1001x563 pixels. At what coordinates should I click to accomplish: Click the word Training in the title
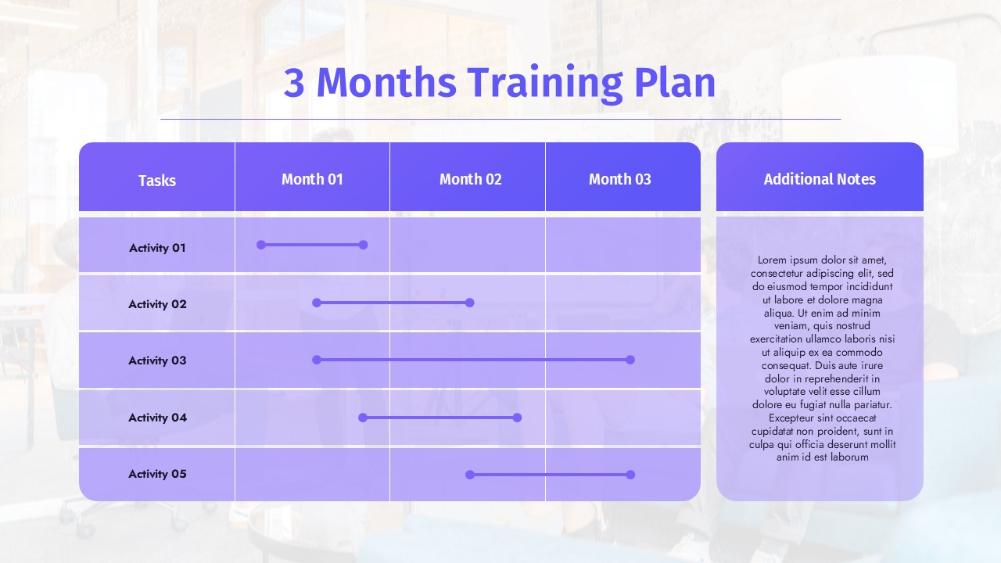point(546,84)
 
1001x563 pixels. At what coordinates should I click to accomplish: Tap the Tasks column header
point(157,181)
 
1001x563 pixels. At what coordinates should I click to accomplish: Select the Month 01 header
point(312,179)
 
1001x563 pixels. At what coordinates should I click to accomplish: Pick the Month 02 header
point(470,179)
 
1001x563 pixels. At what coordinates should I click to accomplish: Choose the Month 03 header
point(620,179)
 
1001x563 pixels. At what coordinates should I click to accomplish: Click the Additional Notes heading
point(820,179)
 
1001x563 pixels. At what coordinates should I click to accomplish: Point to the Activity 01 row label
point(157,248)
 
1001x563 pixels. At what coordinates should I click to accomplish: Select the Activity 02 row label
point(157,304)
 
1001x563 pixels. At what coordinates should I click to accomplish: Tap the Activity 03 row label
point(157,360)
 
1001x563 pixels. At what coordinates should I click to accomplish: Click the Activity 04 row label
point(157,418)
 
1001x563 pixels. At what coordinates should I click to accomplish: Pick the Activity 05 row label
point(157,474)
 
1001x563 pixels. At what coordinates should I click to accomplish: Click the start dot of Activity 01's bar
point(261,245)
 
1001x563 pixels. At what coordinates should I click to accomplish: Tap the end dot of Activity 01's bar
point(364,245)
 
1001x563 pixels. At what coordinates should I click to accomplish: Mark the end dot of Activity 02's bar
point(470,303)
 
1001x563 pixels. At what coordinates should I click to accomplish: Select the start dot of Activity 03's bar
point(317,360)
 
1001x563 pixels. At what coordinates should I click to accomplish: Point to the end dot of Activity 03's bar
point(630,360)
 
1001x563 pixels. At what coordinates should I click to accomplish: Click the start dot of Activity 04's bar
point(363,418)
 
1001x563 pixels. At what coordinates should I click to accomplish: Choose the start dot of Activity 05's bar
point(470,475)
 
